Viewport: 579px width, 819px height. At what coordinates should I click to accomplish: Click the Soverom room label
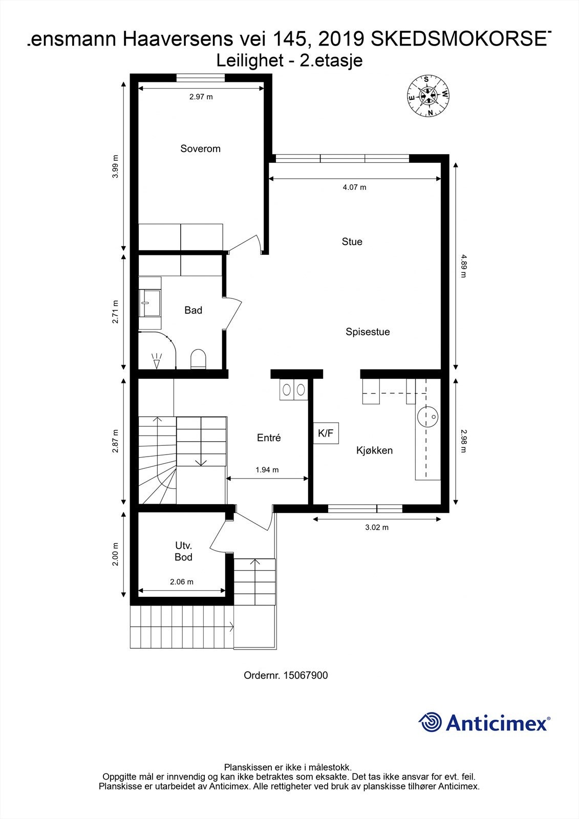200,149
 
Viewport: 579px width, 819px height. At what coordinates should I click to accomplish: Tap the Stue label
352,242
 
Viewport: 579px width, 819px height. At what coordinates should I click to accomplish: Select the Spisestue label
368,332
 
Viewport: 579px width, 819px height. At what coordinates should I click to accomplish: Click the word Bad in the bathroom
193,310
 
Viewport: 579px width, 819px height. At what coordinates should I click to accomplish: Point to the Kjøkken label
374,450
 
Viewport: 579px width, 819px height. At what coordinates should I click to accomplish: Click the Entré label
269,438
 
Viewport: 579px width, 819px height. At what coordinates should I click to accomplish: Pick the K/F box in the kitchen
326,434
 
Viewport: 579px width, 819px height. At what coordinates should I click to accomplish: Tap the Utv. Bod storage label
183,552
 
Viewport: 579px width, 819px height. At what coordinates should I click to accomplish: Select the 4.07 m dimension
354,187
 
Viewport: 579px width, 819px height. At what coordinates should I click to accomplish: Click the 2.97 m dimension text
201,97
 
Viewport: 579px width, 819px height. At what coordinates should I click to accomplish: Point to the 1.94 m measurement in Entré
267,470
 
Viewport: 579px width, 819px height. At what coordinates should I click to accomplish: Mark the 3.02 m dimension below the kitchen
376,528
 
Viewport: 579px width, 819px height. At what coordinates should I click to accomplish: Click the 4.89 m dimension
463,265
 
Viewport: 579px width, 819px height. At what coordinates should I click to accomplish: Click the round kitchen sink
427,416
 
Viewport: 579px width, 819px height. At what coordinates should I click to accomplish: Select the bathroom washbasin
151,303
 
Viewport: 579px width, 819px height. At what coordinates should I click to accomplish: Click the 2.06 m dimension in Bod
181,582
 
